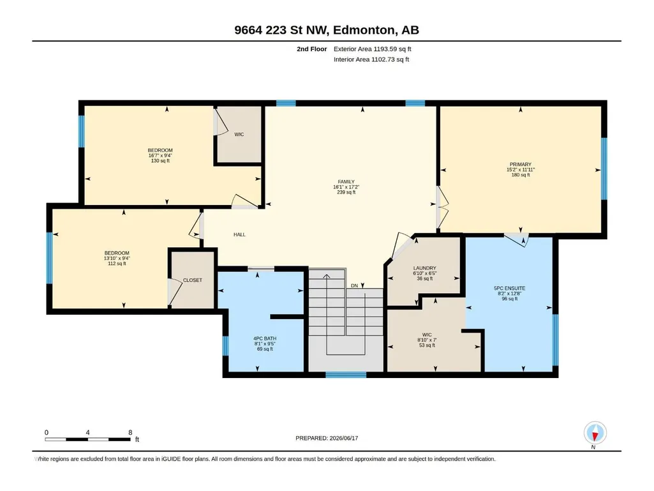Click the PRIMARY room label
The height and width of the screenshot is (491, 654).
click(x=520, y=165)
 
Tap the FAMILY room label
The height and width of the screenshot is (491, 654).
click(x=346, y=182)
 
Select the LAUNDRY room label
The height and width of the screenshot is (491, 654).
click(x=424, y=268)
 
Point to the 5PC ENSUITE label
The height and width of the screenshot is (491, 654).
click(x=509, y=288)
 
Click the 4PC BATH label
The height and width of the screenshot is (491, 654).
click(x=265, y=338)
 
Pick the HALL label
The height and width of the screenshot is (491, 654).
click(x=239, y=234)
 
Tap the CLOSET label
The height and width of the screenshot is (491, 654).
click(x=192, y=280)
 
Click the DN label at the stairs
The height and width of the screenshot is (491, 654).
click(x=354, y=285)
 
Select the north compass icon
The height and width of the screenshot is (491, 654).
click(x=595, y=433)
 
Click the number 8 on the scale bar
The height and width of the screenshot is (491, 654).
click(x=130, y=432)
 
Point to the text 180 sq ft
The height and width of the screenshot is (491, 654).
click(x=521, y=175)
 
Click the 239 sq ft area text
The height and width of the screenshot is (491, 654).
click(x=346, y=192)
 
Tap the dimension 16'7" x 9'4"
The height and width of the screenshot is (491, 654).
click(x=160, y=155)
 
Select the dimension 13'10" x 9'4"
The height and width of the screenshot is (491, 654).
click(x=117, y=258)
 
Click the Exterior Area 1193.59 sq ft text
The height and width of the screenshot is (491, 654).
click(x=373, y=49)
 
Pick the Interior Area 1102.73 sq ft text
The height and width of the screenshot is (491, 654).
click(x=371, y=59)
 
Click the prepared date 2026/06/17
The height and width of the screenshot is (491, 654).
click(x=344, y=438)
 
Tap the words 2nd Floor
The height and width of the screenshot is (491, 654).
click(x=312, y=49)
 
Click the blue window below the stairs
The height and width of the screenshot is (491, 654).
click(x=346, y=375)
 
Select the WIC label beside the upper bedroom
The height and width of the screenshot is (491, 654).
click(x=239, y=135)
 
